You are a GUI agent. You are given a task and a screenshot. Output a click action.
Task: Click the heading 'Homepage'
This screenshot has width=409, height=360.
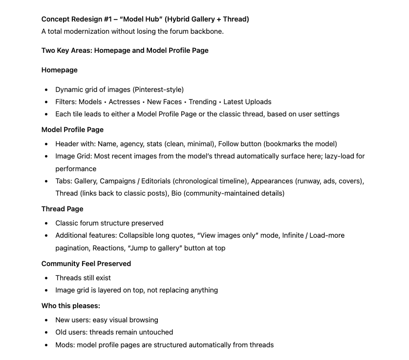[59, 70]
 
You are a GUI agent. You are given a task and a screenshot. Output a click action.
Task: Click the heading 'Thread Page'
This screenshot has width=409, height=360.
[62, 209]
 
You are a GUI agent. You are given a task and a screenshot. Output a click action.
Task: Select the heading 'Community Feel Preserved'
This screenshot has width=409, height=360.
[86, 264]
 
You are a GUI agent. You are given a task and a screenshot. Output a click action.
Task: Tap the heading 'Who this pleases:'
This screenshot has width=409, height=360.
[70, 306]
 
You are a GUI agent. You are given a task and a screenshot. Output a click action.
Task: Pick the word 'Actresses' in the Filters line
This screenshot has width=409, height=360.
[124, 102]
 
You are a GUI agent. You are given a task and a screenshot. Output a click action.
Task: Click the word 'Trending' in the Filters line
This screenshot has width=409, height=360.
[202, 102]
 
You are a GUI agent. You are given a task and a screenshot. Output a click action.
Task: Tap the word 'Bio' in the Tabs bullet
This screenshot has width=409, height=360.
[177, 193]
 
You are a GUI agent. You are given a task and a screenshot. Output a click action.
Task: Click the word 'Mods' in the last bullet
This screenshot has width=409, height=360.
[64, 345]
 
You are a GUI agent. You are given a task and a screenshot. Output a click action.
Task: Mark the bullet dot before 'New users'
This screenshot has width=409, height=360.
[46, 320]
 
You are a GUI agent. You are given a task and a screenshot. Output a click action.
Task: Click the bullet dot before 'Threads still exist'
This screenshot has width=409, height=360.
[46, 278]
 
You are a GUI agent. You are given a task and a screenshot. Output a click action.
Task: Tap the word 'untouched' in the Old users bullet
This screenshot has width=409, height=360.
[155, 332]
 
